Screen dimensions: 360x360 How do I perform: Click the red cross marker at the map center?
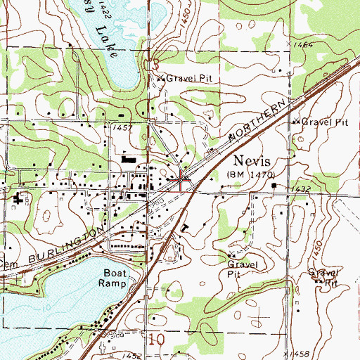coord(181,180)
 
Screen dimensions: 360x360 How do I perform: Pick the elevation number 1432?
coord(302,189)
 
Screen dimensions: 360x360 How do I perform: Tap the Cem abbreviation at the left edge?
coord(6,264)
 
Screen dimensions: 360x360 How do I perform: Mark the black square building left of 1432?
coord(276,186)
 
